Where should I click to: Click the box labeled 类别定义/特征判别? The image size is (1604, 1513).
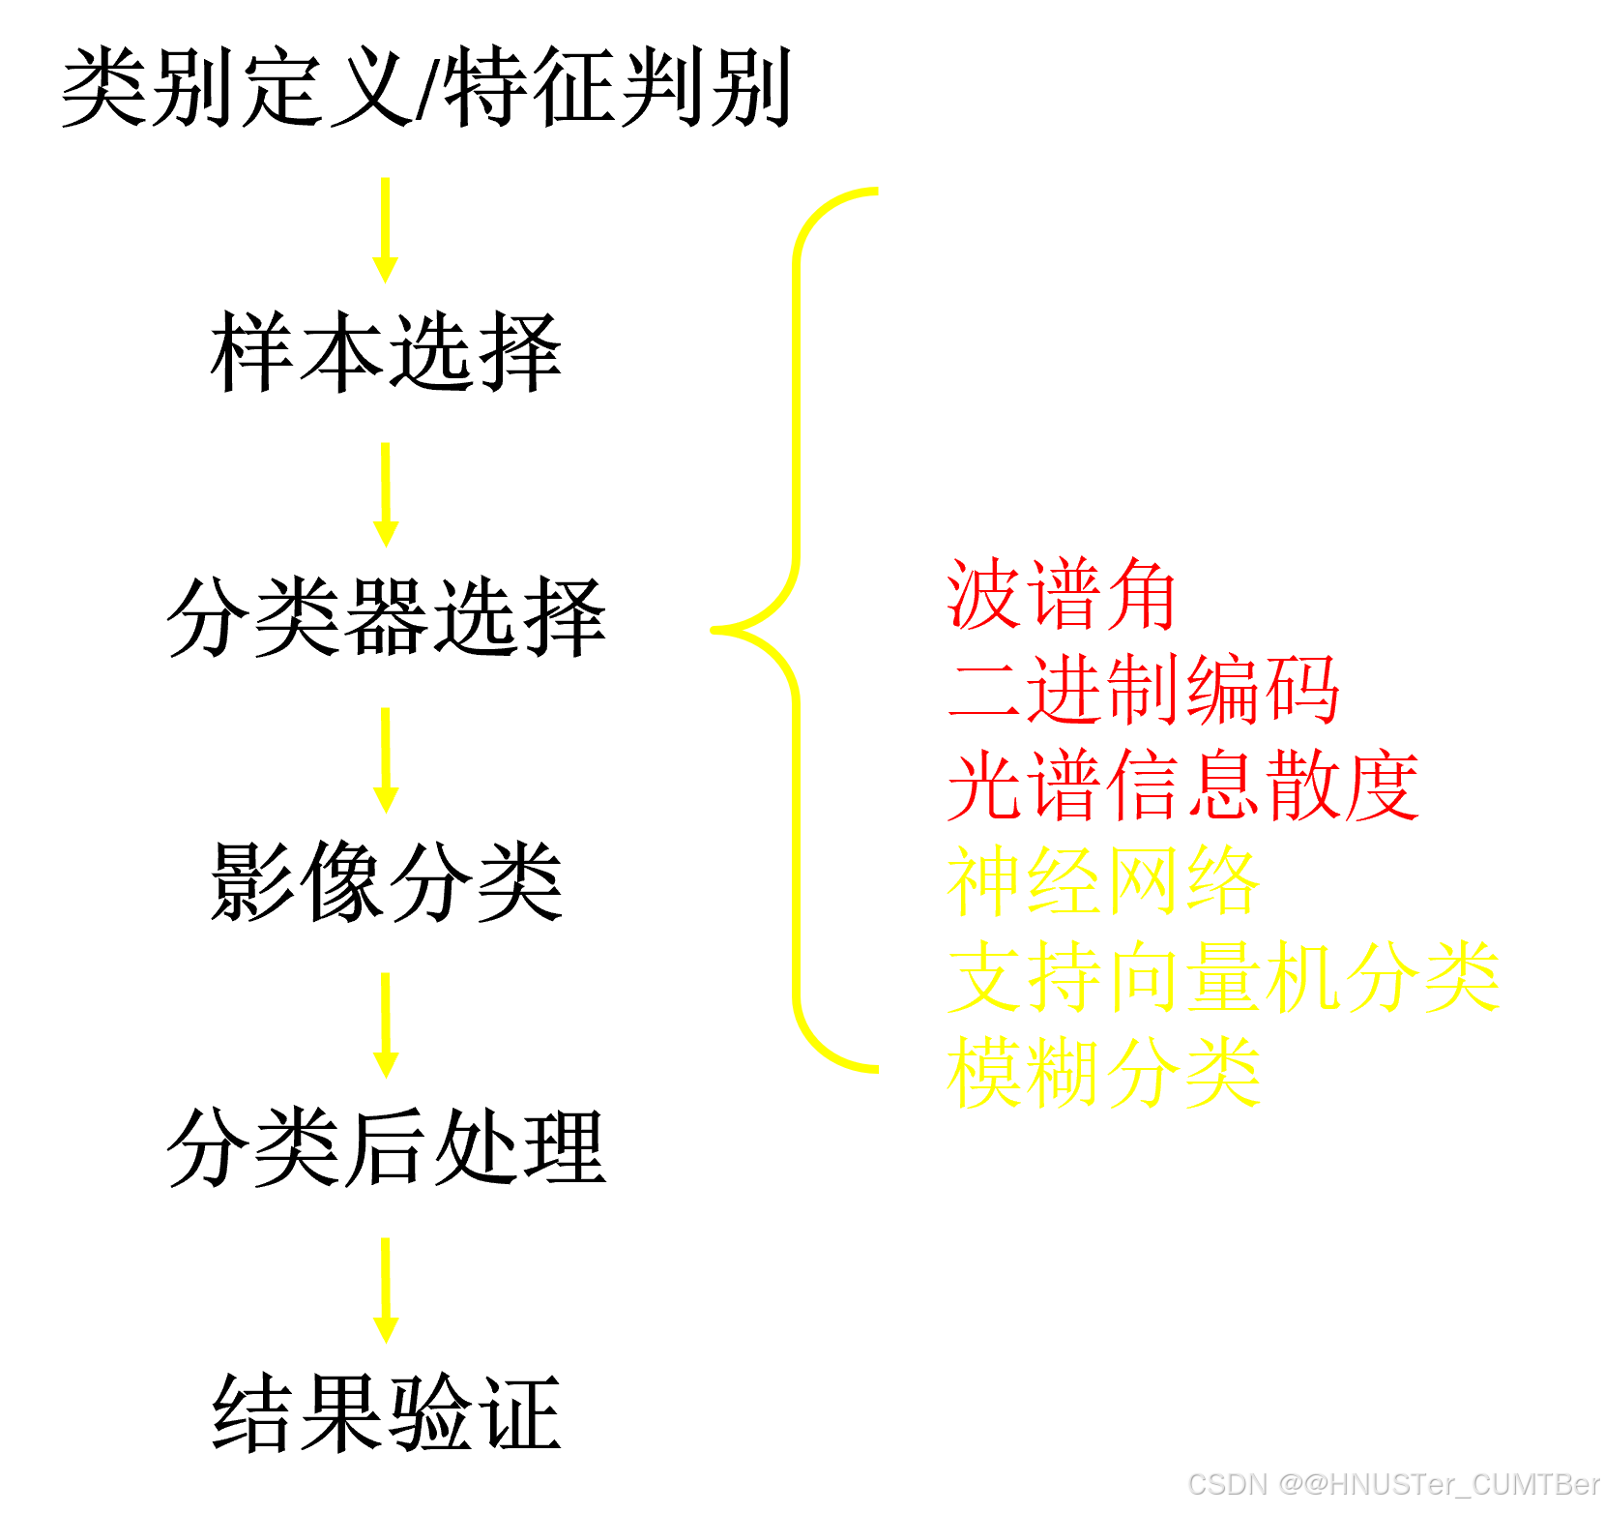coord(427,97)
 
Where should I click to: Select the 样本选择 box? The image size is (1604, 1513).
coord(386,362)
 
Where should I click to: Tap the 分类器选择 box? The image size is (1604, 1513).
coord(386,627)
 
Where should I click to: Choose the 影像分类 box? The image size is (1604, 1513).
coord(386,892)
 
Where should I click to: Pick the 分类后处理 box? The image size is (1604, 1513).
coord(386,1157)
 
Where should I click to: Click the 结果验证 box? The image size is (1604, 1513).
coord(386,1422)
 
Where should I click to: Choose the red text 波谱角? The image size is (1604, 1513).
coord(1062,594)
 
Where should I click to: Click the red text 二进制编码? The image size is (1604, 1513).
coord(1143,690)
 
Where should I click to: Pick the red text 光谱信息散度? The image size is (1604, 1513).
coord(1182,786)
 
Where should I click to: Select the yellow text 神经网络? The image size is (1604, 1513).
coord(1102,881)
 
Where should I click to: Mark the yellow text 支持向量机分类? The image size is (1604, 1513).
coord(1223,977)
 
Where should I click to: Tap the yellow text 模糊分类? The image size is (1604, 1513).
coord(1102,1073)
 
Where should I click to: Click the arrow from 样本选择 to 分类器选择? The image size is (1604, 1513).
coord(386,494)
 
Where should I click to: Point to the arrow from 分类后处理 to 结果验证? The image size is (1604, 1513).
coord(386,1290)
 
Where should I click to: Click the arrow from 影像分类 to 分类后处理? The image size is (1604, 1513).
coord(386,1024)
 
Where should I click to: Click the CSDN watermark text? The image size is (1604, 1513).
coord(1392,1483)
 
